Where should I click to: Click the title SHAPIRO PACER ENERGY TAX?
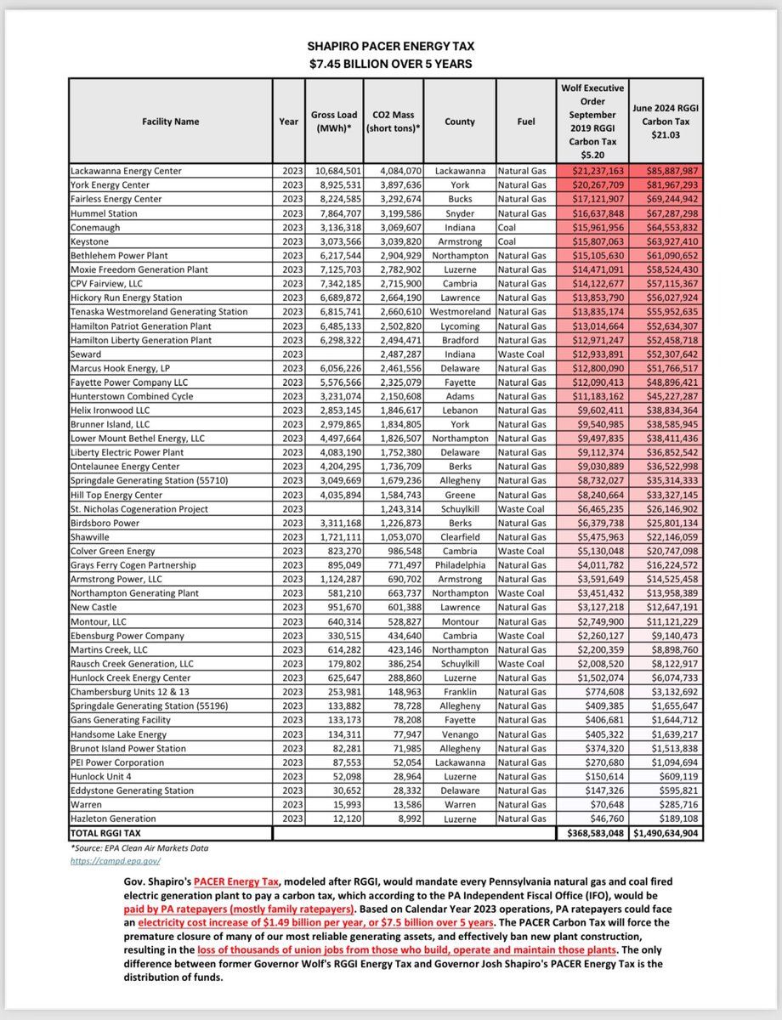(390, 49)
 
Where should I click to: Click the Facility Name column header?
(171, 122)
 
